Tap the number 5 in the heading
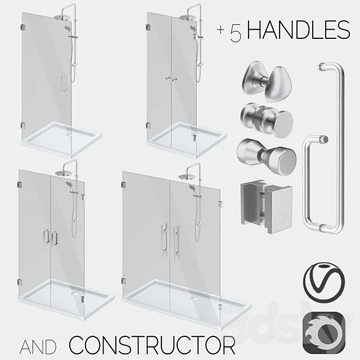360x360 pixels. coord(236,33)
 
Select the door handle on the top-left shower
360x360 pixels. coord(63,82)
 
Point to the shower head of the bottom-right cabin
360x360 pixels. coord(186,177)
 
